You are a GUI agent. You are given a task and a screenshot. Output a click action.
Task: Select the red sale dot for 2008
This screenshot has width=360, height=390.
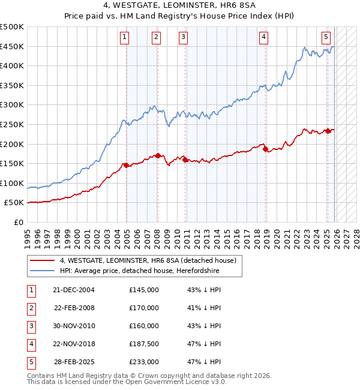click(x=158, y=155)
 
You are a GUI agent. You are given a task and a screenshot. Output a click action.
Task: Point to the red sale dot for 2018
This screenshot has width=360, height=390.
click(x=265, y=149)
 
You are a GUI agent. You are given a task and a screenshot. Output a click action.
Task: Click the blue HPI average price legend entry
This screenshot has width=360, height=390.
click(x=140, y=271)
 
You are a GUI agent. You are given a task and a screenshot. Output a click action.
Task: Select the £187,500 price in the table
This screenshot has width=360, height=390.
click(x=143, y=344)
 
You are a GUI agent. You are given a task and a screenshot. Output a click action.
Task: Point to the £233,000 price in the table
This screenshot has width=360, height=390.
click(x=143, y=362)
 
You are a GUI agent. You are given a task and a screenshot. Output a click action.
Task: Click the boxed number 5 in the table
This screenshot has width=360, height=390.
click(x=31, y=362)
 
